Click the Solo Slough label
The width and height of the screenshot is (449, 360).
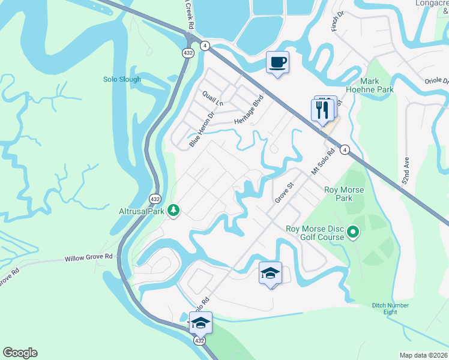122,79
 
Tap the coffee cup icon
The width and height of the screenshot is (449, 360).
277,62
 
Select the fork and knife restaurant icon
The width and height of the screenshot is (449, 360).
322,109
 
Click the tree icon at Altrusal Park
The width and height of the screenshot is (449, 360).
174,210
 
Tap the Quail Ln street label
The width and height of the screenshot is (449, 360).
212,98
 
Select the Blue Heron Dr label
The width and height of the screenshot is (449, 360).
201,130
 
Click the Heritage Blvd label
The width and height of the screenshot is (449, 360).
249,109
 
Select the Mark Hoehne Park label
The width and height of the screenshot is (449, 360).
376,85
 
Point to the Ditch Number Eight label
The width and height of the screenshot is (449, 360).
390,309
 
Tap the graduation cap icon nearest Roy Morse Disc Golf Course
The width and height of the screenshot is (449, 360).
270,274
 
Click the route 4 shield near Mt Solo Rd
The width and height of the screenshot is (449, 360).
345,151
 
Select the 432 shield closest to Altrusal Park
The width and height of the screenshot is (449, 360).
155,199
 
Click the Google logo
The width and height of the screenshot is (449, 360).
20,353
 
